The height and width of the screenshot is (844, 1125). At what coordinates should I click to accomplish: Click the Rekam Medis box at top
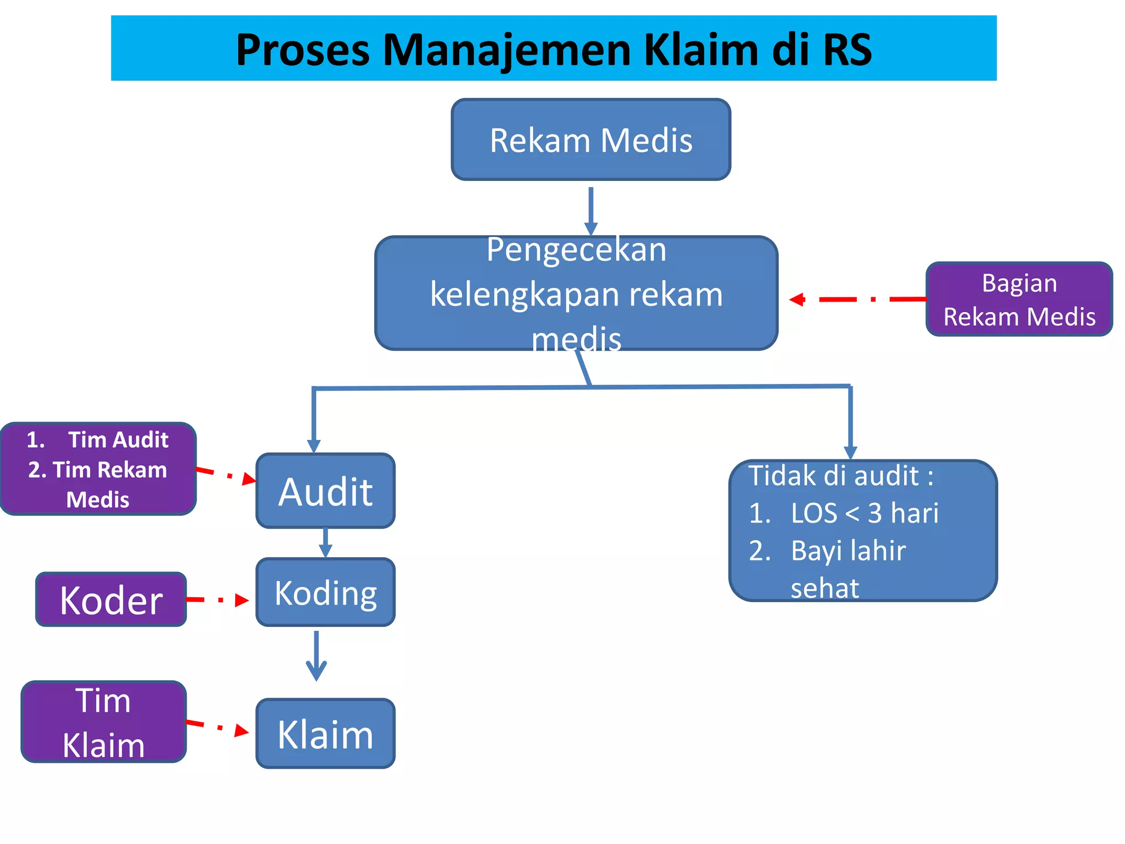[x=591, y=140]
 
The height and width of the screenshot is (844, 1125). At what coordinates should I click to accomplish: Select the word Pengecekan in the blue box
[x=576, y=250]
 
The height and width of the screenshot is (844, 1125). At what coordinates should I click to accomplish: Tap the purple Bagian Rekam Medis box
[x=1019, y=299]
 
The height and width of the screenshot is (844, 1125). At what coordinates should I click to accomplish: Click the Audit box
[x=325, y=491]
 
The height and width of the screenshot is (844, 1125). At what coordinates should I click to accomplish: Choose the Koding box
[x=325, y=592]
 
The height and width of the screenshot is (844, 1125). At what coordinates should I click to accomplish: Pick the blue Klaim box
[x=325, y=734]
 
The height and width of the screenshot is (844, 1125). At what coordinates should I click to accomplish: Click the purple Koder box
[x=111, y=599]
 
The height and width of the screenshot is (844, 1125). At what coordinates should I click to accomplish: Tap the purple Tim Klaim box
[x=103, y=722]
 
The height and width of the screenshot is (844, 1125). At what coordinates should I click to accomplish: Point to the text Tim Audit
[x=118, y=440]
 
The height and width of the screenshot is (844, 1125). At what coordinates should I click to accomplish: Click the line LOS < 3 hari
[x=864, y=513]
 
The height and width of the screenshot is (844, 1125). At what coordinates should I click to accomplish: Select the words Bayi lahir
[x=848, y=551]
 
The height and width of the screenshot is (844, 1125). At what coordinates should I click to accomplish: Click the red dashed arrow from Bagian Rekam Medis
[x=857, y=299]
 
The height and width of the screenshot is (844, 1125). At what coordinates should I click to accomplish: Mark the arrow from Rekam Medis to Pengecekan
[x=591, y=212]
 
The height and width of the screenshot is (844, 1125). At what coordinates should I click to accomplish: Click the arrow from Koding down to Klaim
[x=316, y=657]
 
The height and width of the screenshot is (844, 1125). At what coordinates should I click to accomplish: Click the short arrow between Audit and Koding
[x=325, y=543]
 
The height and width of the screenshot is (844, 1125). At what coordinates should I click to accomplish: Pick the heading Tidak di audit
[x=840, y=476]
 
